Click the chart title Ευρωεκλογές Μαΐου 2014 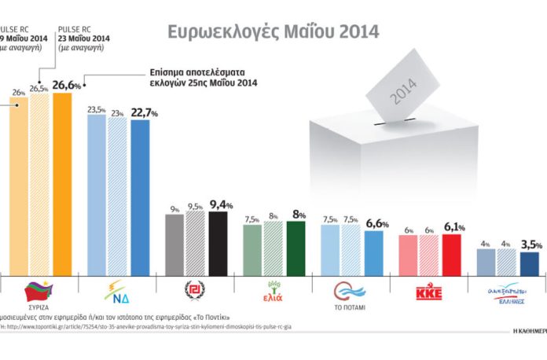273,32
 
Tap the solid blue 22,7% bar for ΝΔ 140,197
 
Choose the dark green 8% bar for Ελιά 296,247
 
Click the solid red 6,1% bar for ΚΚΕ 451,253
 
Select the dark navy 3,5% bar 530,263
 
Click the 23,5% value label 96,110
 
